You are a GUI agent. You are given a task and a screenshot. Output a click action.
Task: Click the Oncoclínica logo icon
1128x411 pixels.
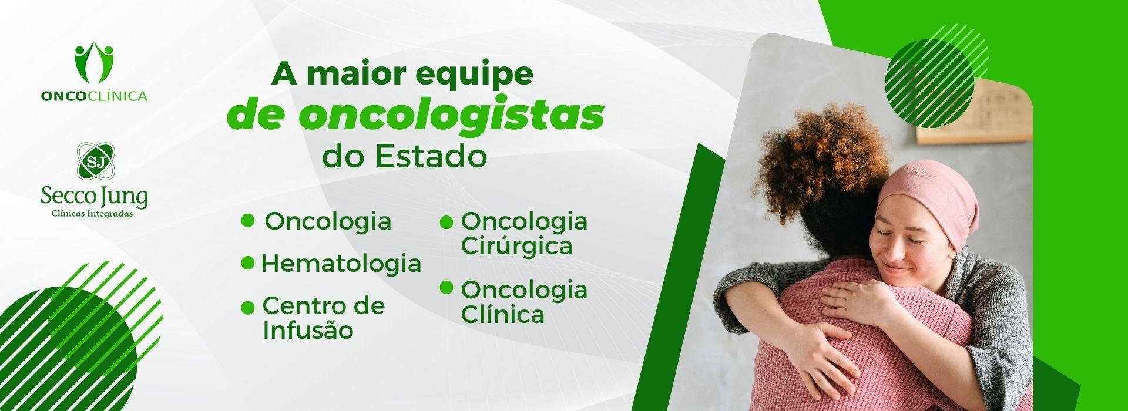[94, 64]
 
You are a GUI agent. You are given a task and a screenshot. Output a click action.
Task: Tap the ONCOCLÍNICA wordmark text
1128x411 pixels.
[94, 96]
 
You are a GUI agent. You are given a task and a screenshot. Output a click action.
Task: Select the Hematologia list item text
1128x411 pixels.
[341, 264]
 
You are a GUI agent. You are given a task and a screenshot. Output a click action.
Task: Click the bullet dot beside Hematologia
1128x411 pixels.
[248, 262]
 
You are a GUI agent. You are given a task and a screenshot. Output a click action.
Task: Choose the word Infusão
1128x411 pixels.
[308, 330]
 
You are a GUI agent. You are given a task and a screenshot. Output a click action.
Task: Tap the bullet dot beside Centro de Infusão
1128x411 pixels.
[248, 306]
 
